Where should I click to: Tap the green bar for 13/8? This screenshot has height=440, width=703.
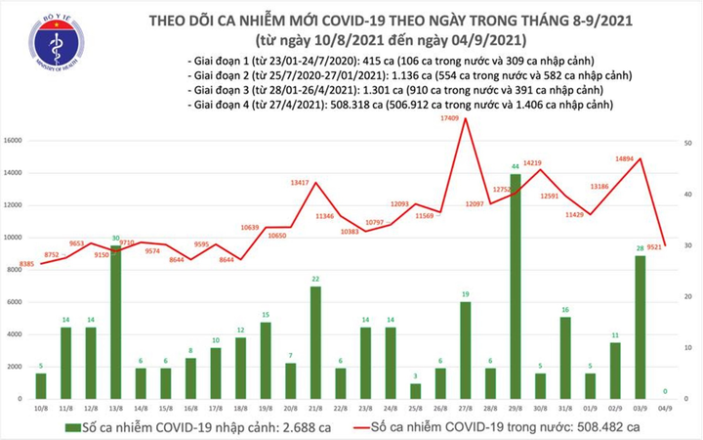[x=115, y=322]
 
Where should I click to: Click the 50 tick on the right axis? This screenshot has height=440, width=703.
[x=689, y=143]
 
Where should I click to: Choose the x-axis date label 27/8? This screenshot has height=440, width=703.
[x=465, y=412]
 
